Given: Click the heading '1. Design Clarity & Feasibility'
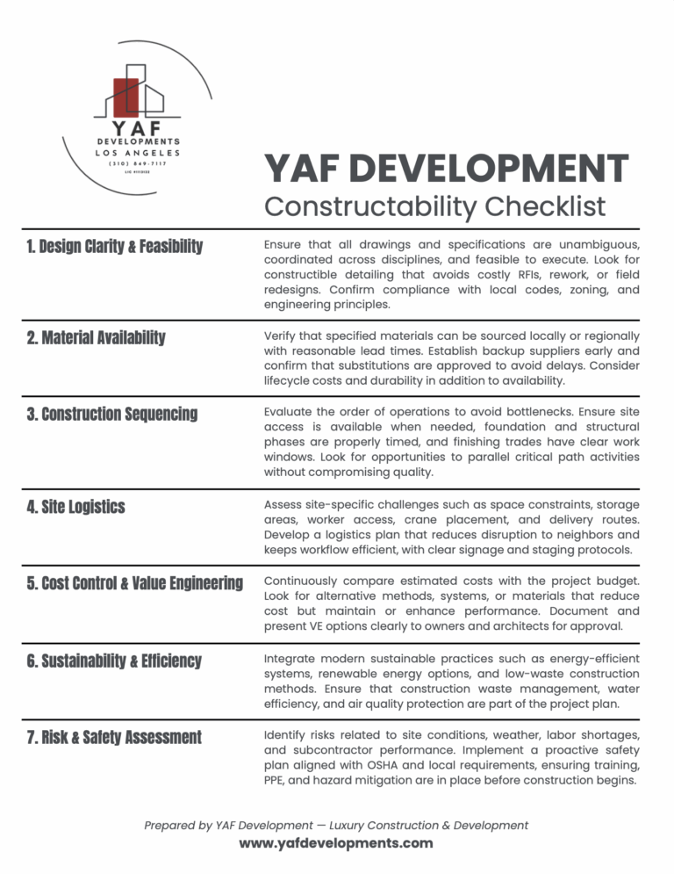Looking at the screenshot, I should coord(114,246).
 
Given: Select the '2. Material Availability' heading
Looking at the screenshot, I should coord(96,337).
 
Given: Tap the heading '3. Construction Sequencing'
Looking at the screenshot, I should coord(112,414).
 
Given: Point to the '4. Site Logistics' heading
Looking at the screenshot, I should coord(76,507).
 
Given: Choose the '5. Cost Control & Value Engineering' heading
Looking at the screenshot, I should coord(135,583).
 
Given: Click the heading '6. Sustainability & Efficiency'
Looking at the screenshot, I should coord(115,661).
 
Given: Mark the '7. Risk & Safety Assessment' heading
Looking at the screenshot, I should coord(114,737).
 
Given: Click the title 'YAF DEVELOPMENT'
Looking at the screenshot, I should coord(446,170).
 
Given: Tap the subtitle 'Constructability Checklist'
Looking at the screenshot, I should coord(434,206).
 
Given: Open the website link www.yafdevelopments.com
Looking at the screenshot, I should coord(336,843).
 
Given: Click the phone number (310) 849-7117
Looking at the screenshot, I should coord(136,163).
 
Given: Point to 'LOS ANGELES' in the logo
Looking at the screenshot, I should coord(136,152).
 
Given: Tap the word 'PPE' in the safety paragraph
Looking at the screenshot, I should coord(276,781).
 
